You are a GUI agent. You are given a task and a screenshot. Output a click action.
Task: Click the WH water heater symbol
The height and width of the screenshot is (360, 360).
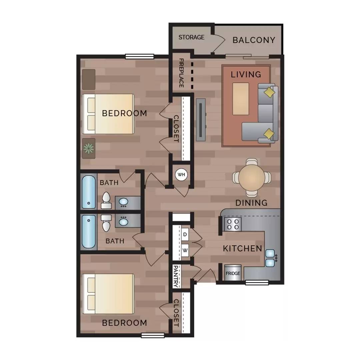point(181,174)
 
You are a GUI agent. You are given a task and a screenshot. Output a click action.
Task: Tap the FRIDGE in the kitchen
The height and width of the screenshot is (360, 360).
point(233,273)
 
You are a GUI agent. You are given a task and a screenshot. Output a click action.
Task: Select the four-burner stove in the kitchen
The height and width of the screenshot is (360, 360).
point(233,224)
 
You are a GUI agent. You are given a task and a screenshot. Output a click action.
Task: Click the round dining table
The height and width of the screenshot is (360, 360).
point(252,177)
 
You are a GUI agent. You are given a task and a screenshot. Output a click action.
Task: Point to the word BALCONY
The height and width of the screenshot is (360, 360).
point(254,40)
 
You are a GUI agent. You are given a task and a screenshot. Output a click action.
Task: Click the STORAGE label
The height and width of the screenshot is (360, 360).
point(191,37)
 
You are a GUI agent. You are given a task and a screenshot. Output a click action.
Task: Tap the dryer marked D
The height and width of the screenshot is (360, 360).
point(185,234)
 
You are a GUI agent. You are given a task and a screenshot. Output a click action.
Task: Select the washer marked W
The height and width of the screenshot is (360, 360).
point(185,250)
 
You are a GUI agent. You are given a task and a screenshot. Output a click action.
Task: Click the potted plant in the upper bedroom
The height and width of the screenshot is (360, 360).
point(89,148)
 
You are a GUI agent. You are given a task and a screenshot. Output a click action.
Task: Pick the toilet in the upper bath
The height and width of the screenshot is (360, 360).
point(106,200)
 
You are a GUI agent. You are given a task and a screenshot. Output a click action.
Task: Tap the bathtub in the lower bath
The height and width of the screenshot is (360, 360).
point(89,231)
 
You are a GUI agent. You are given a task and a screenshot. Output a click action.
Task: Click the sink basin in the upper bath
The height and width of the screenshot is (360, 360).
point(124,202)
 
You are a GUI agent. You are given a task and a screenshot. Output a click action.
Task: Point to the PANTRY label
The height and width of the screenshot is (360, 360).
point(176,276)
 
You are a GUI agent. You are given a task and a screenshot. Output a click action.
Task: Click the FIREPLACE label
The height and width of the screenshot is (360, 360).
point(181,73)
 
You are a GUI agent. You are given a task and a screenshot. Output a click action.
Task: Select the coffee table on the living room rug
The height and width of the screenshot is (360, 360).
point(241,99)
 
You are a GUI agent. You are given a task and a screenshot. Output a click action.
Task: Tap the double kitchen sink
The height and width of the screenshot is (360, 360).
point(270,258)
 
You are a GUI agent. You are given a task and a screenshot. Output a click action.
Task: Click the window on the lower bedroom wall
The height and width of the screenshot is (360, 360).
point(153,335)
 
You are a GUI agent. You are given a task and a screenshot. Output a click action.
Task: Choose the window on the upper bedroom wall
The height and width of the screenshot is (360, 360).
point(140,56)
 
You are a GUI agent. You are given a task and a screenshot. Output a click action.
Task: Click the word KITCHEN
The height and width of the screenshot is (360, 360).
point(242,248)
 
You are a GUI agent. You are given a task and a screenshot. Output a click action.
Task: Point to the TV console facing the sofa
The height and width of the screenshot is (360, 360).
point(201,120)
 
